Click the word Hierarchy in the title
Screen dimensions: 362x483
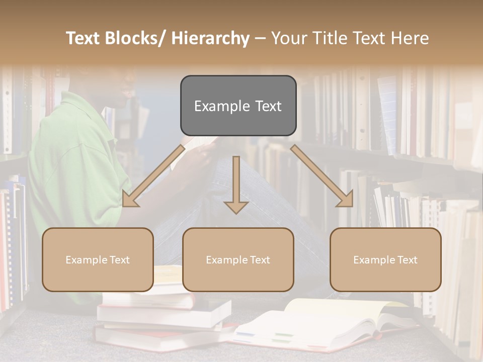(x=210, y=39)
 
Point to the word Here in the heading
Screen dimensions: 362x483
(x=410, y=39)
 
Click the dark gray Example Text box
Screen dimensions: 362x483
(x=238, y=106)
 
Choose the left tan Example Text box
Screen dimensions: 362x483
(x=98, y=259)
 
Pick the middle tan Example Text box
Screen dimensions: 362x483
(x=238, y=259)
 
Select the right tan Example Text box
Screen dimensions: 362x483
(x=385, y=259)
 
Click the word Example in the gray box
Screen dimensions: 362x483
(x=214, y=106)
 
